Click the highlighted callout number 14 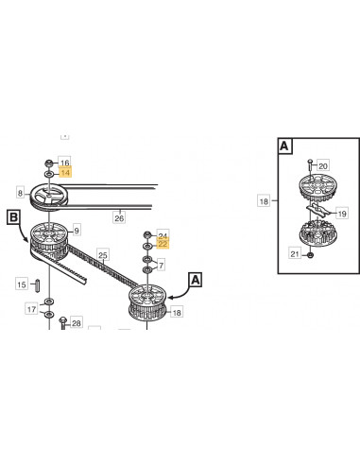[65, 173]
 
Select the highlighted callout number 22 [163, 244]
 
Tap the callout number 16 [65, 163]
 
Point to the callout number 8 [21, 193]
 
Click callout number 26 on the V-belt [119, 218]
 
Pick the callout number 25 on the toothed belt [103, 255]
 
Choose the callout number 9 [77, 231]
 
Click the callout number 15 [22, 284]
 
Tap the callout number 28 [77, 323]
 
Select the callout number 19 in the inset [342, 214]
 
